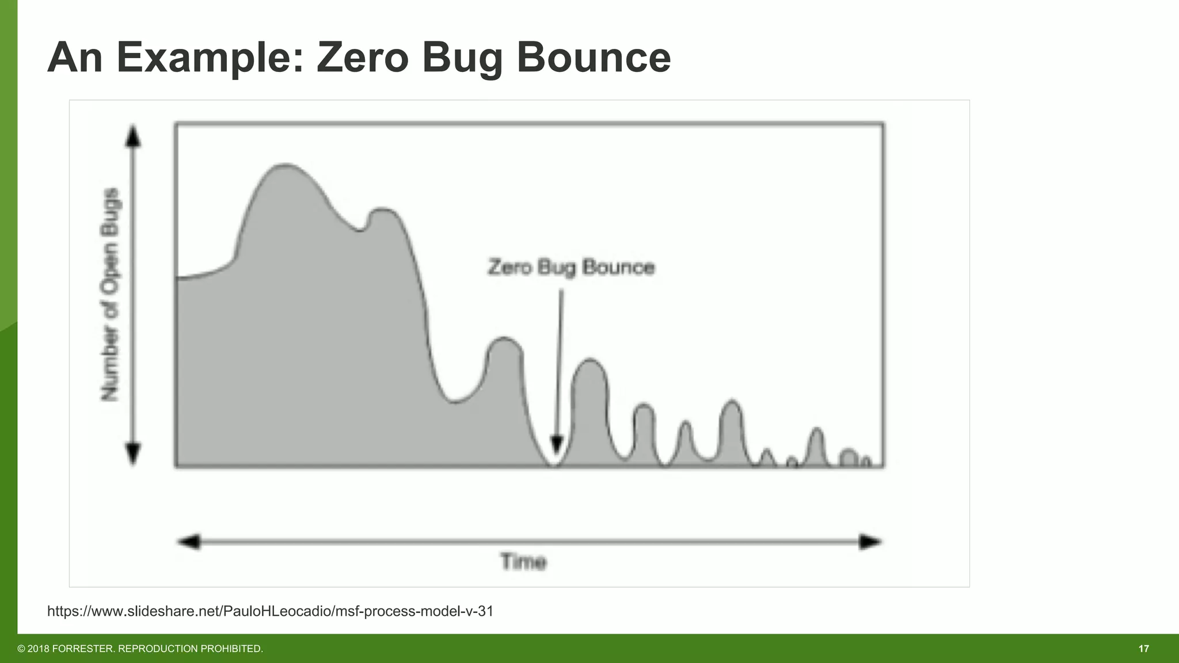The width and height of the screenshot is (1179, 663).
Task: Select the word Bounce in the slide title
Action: [x=594, y=58]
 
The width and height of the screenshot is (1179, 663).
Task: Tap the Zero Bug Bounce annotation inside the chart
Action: [x=571, y=268]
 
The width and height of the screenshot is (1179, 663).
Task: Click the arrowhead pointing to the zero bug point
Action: [x=557, y=444]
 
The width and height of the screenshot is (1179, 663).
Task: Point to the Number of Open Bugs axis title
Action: [x=110, y=294]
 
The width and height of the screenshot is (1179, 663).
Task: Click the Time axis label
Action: [x=523, y=561]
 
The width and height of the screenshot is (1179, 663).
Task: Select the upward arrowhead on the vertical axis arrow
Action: [x=133, y=136]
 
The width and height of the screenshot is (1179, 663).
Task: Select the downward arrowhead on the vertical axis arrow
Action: [x=133, y=453]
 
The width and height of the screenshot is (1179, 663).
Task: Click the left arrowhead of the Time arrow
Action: [x=189, y=542]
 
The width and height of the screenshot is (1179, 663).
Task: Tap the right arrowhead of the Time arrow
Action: [x=869, y=542]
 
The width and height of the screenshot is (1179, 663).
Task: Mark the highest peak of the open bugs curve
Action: [x=285, y=165]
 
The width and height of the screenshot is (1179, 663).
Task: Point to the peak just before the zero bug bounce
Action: [x=504, y=338]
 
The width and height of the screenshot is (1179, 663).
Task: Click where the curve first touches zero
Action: [x=554, y=464]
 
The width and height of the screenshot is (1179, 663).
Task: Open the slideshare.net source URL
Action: [x=270, y=611]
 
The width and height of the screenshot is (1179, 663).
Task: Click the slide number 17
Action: [x=1143, y=649]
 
